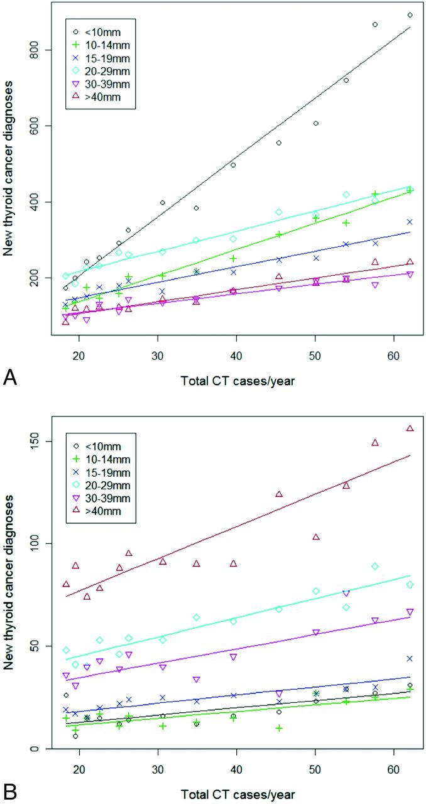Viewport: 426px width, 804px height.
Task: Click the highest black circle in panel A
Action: click(x=410, y=15)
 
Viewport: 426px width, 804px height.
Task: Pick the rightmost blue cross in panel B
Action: click(x=410, y=658)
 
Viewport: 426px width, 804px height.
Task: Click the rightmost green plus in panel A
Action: click(x=410, y=190)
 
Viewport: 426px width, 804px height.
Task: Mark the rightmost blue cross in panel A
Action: click(x=410, y=222)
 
